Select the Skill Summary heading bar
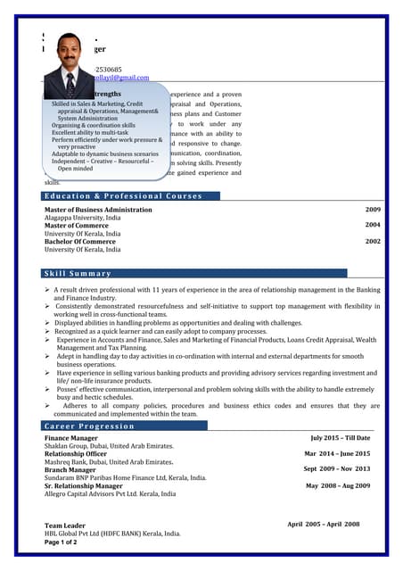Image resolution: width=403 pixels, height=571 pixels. click(x=78, y=273)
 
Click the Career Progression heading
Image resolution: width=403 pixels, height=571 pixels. click(x=89, y=426)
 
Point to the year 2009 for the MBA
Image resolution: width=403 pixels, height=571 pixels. click(x=373, y=210)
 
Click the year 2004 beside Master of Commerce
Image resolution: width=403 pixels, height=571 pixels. click(x=373, y=226)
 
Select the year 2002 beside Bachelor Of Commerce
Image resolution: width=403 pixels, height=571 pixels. click(x=373, y=241)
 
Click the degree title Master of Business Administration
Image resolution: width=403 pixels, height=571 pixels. click(x=98, y=210)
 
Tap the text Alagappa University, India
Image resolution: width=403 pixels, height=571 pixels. click(x=83, y=218)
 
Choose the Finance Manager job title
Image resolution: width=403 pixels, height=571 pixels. click(x=71, y=439)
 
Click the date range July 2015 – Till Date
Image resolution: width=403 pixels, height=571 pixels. click(x=340, y=438)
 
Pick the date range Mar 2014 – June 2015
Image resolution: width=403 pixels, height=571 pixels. click(x=337, y=453)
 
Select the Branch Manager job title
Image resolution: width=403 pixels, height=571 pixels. click(x=70, y=469)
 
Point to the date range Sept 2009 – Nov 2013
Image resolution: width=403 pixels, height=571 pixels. click(x=336, y=468)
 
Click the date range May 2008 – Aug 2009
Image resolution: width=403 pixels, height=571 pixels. click(x=338, y=485)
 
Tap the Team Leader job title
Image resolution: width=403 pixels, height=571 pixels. click(x=65, y=525)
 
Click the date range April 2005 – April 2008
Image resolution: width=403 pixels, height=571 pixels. click(x=323, y=525)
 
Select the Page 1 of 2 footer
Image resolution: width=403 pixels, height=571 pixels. click(x=62, y=542)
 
